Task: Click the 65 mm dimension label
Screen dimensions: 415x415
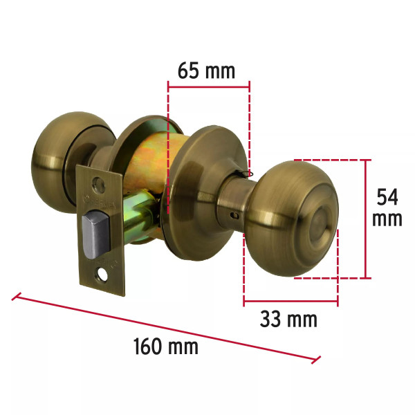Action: pyautogui.click(x=206, y=71)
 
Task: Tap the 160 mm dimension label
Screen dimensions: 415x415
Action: pyautogui.click(x=166, y=347)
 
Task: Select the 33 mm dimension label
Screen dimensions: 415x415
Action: pyautogui.click(x=288, y=319)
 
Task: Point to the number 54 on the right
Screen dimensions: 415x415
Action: pyautogui.click(x=387, y=197)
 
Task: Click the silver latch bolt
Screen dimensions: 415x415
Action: pyautogui.click(x=96, y=234)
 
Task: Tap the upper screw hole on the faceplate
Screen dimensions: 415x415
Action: pyautogui.click(x=98, y=185)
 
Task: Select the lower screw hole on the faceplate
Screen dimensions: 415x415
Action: pyautogui.click(x=102, y=275)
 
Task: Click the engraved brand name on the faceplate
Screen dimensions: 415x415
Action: pyautogui.click(x=100, y=202)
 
